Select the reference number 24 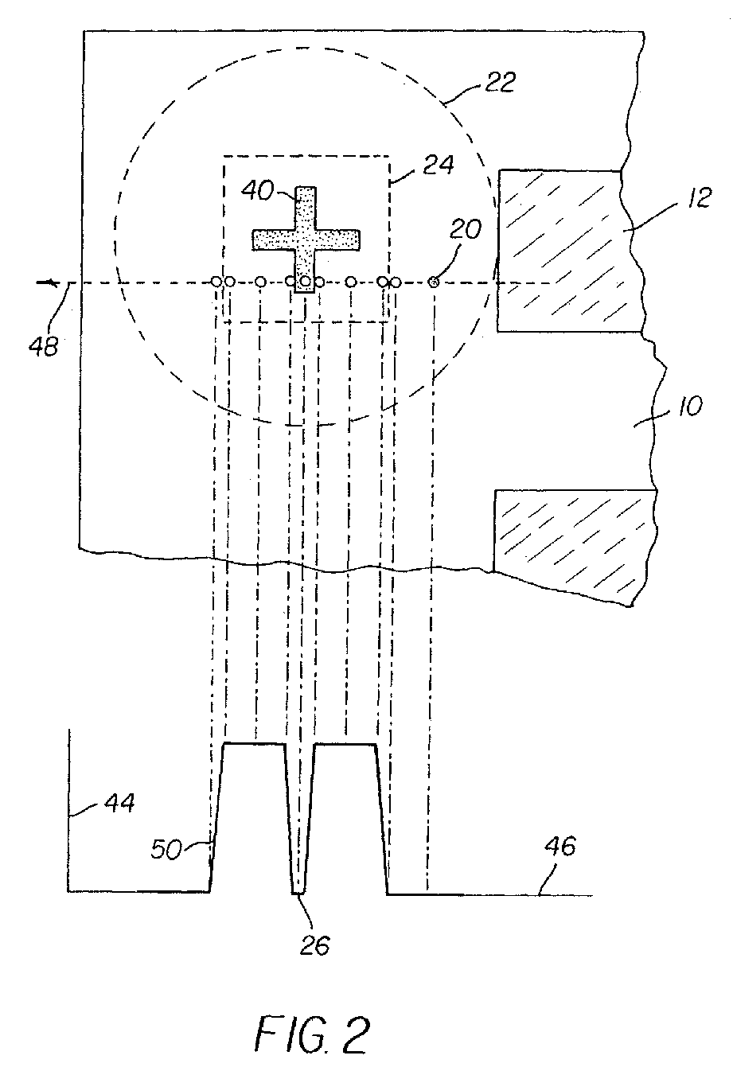point(438,166)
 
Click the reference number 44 point(118,804)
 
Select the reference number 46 point(560,847)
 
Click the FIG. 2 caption point(313,1034)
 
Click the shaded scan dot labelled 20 point(434,282)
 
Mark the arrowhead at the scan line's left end point(53,282)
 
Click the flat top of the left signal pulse point(254,744)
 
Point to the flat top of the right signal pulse point(345,745)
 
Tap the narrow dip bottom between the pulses point(299,893)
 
